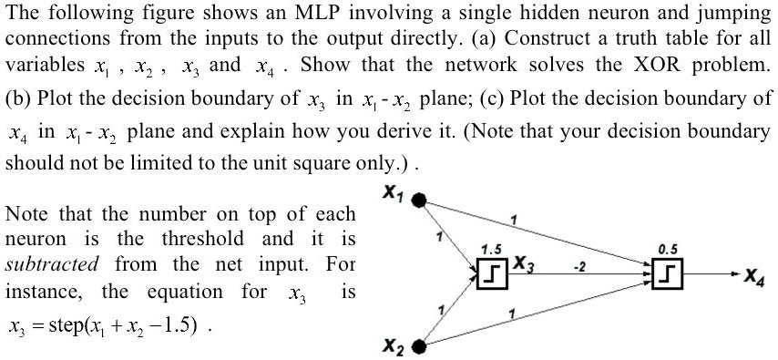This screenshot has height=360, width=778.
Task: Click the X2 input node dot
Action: click(x=419, y=346)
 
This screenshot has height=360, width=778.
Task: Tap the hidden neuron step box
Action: click(x=489, y=273)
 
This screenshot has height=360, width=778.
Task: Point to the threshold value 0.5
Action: click(x=667, y=248)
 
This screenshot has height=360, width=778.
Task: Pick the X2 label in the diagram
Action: click(x=393, y=347)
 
